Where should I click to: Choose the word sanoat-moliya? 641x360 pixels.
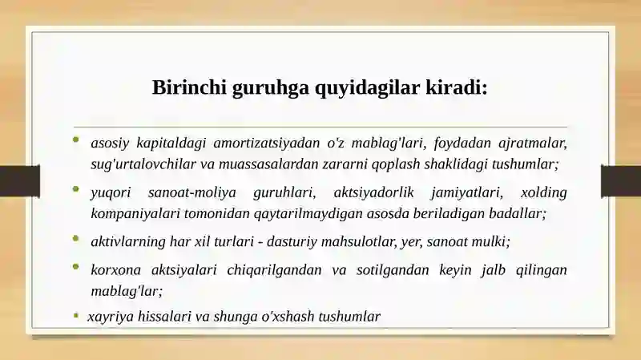192,192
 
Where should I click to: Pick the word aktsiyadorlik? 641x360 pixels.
373,192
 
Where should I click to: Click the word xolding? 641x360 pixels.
544,192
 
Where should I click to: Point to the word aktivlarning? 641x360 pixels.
128,242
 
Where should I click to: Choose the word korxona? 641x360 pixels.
115,270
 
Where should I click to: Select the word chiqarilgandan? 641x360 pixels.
268,270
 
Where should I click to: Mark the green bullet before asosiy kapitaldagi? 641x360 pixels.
75,140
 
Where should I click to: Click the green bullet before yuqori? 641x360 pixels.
75,189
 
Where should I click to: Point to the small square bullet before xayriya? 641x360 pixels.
75,315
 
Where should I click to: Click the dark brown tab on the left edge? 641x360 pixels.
19,180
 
